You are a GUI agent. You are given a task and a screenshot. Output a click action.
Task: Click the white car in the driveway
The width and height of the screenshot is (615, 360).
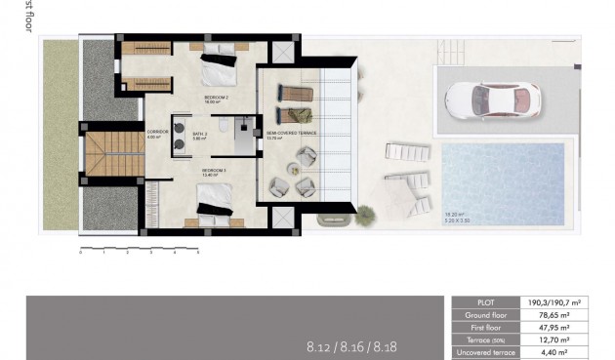pos(492,98)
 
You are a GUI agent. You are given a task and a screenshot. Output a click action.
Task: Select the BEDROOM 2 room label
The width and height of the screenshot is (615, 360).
pos(216,99)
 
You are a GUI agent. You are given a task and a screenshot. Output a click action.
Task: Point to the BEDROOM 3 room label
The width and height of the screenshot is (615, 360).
pos(214,172)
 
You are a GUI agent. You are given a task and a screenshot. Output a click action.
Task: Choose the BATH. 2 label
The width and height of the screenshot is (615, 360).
pos(201,135)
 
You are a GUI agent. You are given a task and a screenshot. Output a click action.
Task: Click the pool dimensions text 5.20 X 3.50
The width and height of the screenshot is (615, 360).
pos(456,223)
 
